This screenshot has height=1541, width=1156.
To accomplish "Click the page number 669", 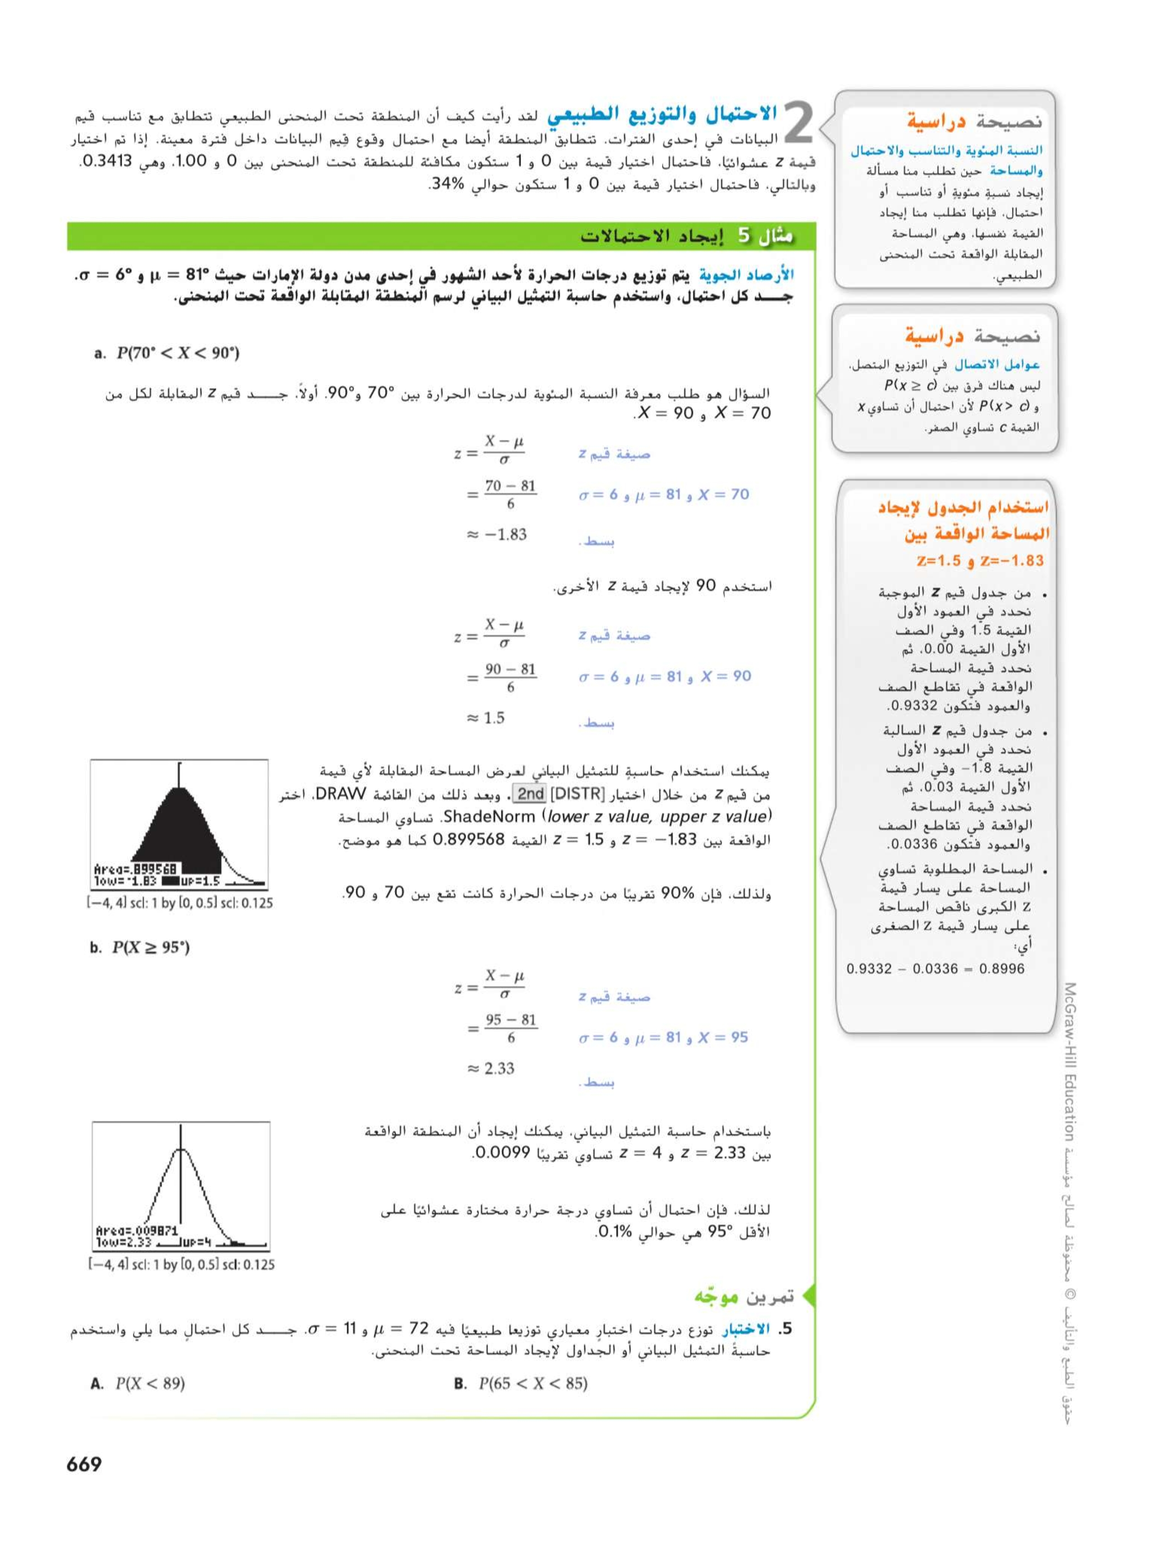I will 84,1464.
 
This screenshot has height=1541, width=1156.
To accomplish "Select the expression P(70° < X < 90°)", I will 167,353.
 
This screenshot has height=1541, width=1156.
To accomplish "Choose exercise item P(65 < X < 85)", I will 521,1383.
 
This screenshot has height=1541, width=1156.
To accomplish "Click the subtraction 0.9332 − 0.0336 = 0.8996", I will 935,968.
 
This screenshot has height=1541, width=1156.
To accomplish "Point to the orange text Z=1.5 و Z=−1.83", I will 980,560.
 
